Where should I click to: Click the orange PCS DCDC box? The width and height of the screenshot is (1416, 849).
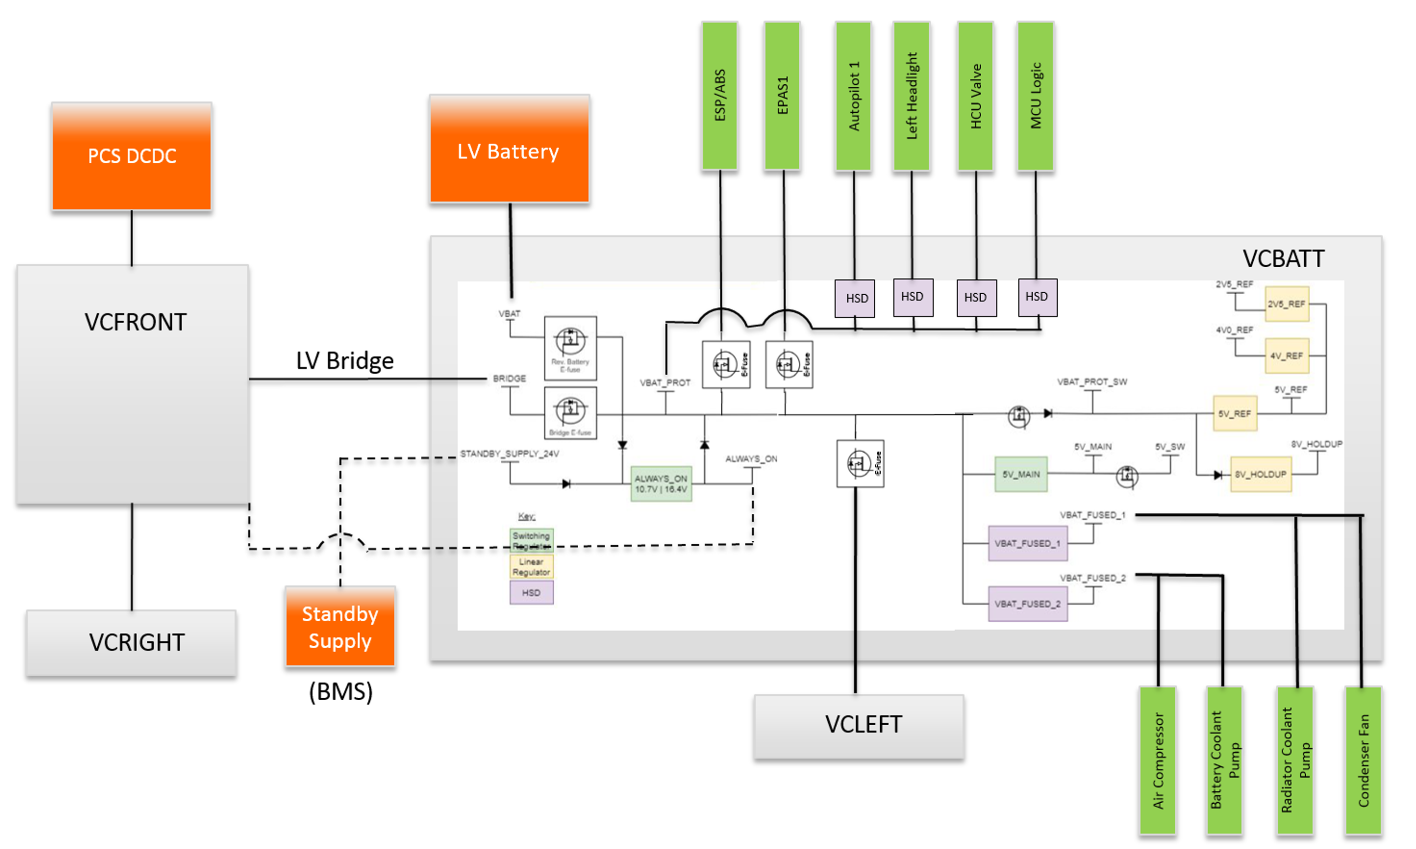point(131,156)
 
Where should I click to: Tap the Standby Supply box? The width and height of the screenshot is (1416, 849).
point(340,627)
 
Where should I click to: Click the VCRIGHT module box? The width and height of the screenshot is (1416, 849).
point(131,642)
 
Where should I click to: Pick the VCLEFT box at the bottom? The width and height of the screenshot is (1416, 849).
point(859,725)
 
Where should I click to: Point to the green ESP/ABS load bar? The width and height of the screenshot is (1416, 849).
point(720,96)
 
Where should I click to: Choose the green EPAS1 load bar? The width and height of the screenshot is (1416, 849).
point(782,96)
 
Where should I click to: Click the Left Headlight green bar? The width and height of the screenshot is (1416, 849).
point(911,96)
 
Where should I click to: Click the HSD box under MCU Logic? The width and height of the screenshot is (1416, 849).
point(1038,297)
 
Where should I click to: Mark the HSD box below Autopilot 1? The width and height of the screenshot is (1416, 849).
point(855,298)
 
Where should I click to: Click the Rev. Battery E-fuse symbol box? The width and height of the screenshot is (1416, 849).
point(570,348)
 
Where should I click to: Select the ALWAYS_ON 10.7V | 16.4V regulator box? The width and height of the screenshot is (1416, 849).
point(661,484)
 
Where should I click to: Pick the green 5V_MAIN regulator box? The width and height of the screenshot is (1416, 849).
point(1021,474)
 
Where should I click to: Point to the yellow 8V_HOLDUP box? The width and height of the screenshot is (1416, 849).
point(1260,474)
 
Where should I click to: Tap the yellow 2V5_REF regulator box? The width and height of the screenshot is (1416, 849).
point(1287,304)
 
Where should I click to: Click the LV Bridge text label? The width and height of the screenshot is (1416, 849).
point(345,361)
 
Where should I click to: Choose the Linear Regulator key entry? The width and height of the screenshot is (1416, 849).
point(531,566)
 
